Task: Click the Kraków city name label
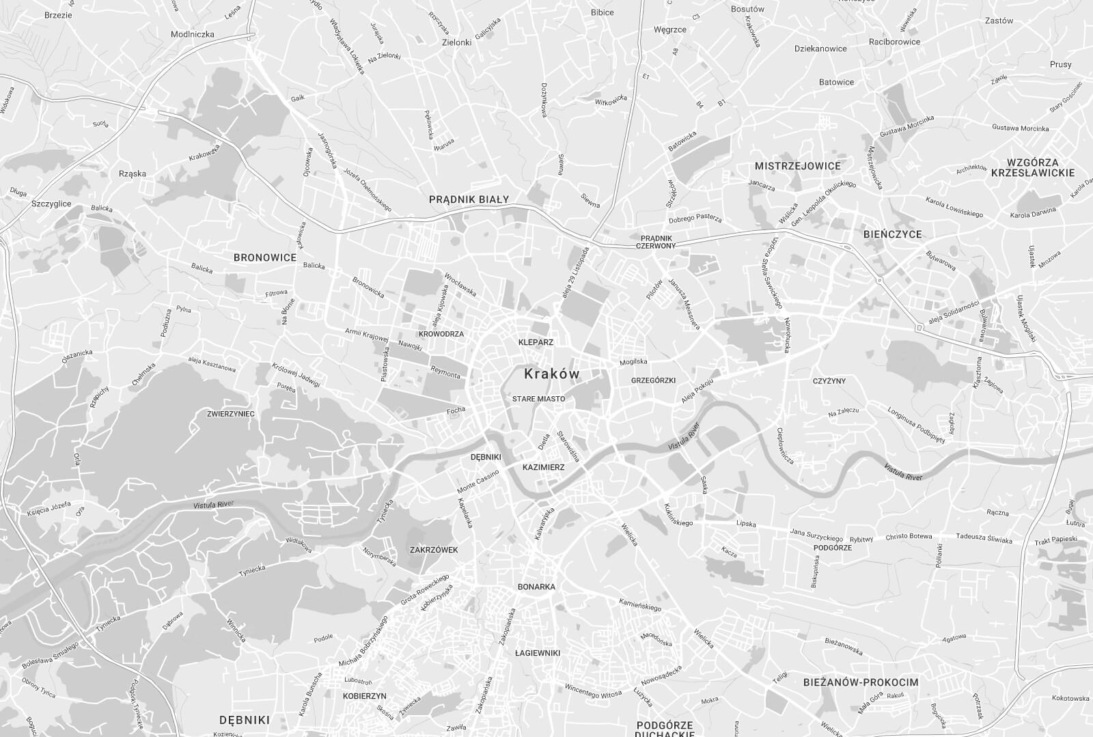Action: tap(551, 374)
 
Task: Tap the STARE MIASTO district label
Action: tap(538, 398)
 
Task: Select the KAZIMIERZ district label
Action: tap(543, 467)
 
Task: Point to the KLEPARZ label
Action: tap(536, 342)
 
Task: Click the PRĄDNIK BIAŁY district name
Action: tap(469, 199)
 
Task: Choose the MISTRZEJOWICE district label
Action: tap(797, 165)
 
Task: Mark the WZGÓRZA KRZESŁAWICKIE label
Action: tap(1032, 167)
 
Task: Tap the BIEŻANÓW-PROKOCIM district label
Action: tap(861, 682)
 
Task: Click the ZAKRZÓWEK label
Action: tap(434, 549)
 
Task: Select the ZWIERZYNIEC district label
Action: tap(231, 414)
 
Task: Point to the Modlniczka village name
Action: tap(193, 34)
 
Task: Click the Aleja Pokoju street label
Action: tap(697, 389)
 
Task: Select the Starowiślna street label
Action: tap(568, 446)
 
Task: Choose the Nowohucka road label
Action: tap(788, 335)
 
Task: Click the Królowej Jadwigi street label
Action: tap(296, 374)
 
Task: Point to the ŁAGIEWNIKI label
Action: tap(538, 653)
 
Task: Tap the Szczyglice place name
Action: tap(51, 204)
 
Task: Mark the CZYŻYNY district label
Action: tap(829, 380)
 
